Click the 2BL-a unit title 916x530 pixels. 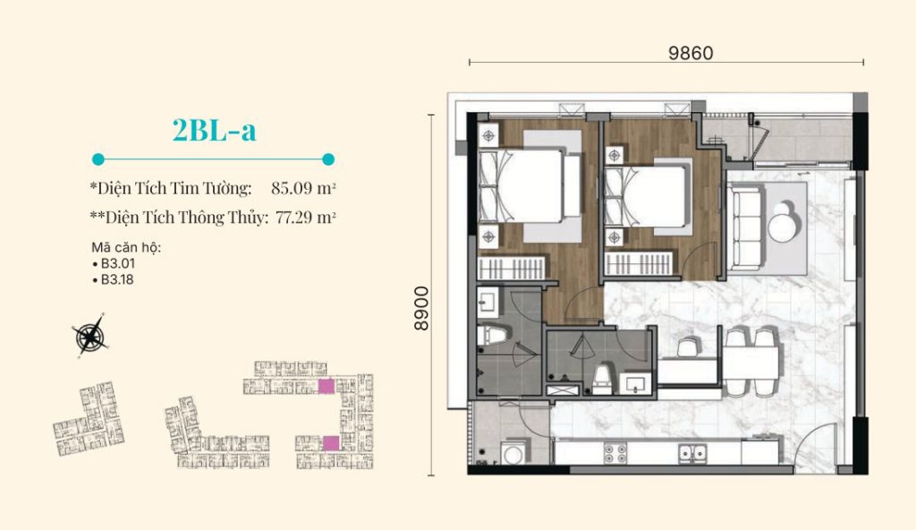[215, 131]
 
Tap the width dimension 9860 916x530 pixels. [691, 53]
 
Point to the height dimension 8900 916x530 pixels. [421, 308]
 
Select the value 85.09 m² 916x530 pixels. [303, 188]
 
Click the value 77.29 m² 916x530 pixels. [306, 218]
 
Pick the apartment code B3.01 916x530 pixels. [117, 263]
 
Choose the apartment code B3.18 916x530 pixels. [117, 279]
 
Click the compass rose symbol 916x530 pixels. [89, 335]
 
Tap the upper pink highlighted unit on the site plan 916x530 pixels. [326, 386]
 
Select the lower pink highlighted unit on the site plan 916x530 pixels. [331, 443]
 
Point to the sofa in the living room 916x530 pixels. [746, 227]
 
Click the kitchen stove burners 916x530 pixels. [615, 453]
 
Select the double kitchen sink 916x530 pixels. [692, 452]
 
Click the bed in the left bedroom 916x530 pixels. [522, 186]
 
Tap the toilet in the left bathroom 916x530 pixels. [489, 336]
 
